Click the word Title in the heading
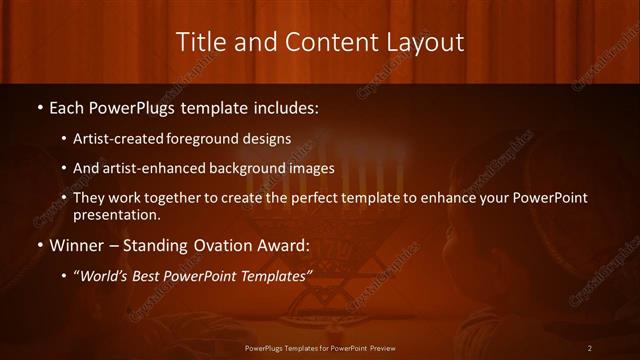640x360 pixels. [199, 41]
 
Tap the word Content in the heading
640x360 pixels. [326, 41]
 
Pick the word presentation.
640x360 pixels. [116, 215]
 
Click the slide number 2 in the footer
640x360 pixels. [590, 348]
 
